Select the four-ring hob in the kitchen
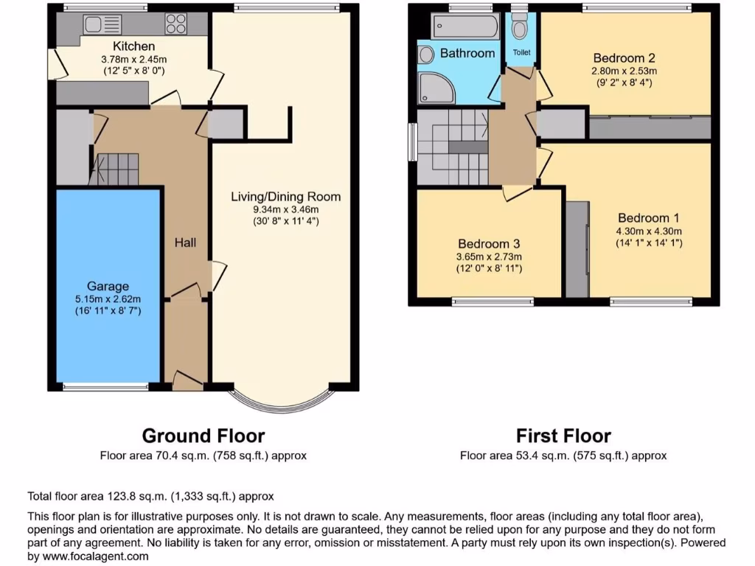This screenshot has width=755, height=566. (x=175, y=24)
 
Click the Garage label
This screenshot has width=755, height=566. (x=108, y=286)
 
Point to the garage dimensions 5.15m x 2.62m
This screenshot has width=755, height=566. (x=108, y=298)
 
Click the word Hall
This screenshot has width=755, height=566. (x=185, y=242)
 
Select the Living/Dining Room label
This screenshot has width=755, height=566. (x=285, y=197)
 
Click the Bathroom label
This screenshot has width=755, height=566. (x=467, y=53)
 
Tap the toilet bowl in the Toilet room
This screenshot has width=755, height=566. (x=520, y=29)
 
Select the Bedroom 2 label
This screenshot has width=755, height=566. (x=624, y=58)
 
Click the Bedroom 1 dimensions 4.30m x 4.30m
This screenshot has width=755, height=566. (x=648, y=230)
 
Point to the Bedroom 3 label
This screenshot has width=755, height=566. (x=489, y=244)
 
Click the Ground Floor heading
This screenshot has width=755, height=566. (x=203, y=436)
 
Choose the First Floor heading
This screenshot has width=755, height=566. (x=563, y=436)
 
